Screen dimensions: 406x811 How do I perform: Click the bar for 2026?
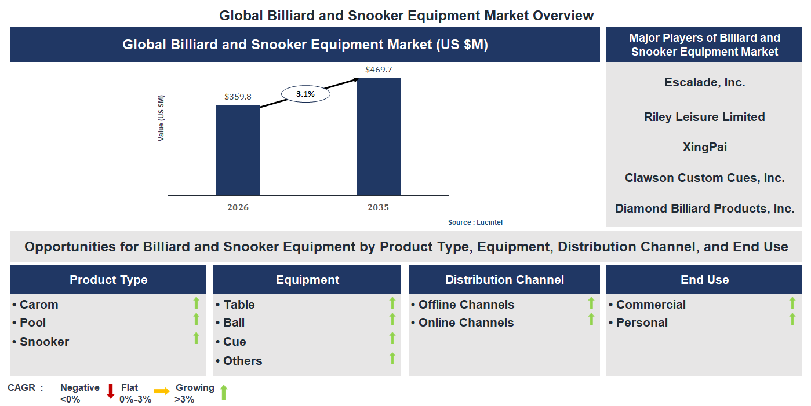pyautogui.click(x=238, y=151)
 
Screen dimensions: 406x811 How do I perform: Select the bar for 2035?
pyautogui.click(x=378, y=137)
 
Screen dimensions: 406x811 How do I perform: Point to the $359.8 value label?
pyautogui.click(x=238, y=97)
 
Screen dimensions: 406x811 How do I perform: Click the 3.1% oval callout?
pyautogui.click(x=306, y=93)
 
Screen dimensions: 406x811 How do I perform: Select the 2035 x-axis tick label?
pyautogui.click(x=378, y=207)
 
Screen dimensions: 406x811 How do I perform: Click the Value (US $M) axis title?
pyautogui.click(x=161, y=118)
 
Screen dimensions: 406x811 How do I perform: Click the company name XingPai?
pyautogui.click(x=704, y=147)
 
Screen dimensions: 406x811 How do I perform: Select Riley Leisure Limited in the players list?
pyautogui.click(x=704, y=117)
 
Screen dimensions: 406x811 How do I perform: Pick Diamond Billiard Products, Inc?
pyautogui.click(x=704, y=209)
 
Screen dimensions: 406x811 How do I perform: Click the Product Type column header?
pyautogui.click(x=108, y=280)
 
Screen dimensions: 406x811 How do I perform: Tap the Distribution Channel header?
pyautogui.click(x=504, y=280)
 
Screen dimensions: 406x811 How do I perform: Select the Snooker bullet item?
pyautogui.click(x=44, y=342)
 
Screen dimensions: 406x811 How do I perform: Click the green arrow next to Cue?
pyautogui.click(x=392, y=339)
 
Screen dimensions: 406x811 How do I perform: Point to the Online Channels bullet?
pyautogui.click(x=465, y=323)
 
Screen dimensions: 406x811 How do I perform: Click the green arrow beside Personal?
pyautogui.click(x=792, y=319)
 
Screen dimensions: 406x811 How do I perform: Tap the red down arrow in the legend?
pyautogui.click(x=111, y=392)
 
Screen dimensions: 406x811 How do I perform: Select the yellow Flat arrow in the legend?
pyautogui.click(x=162, y=392)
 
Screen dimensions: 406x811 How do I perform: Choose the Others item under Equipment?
pyautogui.click(x=242, y=361)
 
